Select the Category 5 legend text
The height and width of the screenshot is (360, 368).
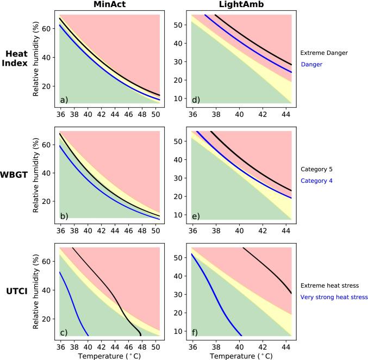(x=316, y=170)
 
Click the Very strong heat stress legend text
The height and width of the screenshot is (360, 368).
(x=334, y=297)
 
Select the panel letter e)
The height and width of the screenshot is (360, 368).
(x=196, y=216)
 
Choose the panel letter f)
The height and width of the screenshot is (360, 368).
(x=195, y=332)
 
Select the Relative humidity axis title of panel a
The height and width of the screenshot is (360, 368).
(x=36, y=59)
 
